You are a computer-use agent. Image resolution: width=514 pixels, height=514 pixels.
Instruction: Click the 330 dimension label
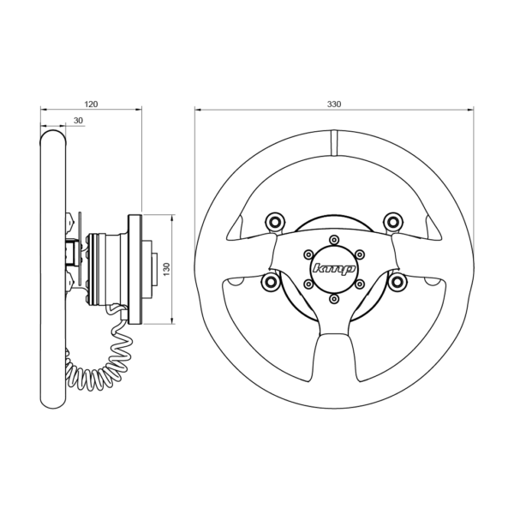tap(334, 104)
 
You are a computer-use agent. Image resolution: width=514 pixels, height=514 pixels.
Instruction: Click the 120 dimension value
tap(92, 104)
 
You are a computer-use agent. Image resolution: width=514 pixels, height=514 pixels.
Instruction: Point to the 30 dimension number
tap(79, 121)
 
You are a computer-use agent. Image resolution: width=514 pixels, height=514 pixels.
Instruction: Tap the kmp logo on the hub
tap(333, 268)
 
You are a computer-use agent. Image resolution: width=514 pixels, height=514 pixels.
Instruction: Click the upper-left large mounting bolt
tap(274, 220)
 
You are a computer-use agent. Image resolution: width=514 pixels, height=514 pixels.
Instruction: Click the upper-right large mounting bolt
tap(392, 220)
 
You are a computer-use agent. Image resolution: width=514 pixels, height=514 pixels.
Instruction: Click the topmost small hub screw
tap(333, 240)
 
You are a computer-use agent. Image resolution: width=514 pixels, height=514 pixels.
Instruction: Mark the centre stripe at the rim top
tap(334, 143)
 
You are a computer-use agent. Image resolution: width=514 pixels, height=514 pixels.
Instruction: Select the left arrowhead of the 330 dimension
tap(198, 110)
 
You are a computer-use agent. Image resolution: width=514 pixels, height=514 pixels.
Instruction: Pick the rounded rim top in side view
tap(53, 131)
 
